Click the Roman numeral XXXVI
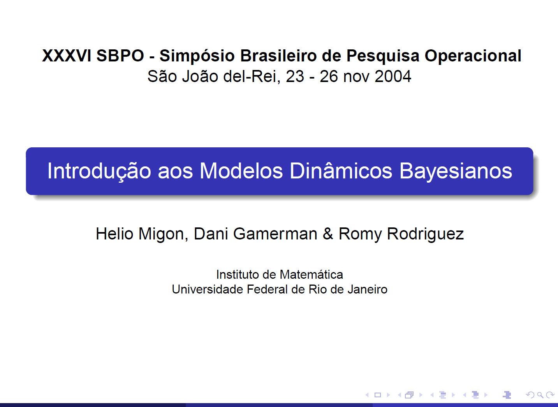tap(67, 56)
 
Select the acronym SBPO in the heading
tap(120, 56)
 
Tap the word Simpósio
tap(197, 56)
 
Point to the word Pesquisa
tap(383, 56)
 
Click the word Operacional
tap(473, 56)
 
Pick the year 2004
tap(393, 76)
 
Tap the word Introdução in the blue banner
tap(99, 171)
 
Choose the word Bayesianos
tap(456, 171)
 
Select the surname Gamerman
tap(275, 234)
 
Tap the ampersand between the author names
tap(327, 234)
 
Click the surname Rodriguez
tap(425, 234)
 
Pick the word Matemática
tap(311, 274)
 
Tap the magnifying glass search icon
tap(540, 395)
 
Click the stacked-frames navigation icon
tap(409, 395)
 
